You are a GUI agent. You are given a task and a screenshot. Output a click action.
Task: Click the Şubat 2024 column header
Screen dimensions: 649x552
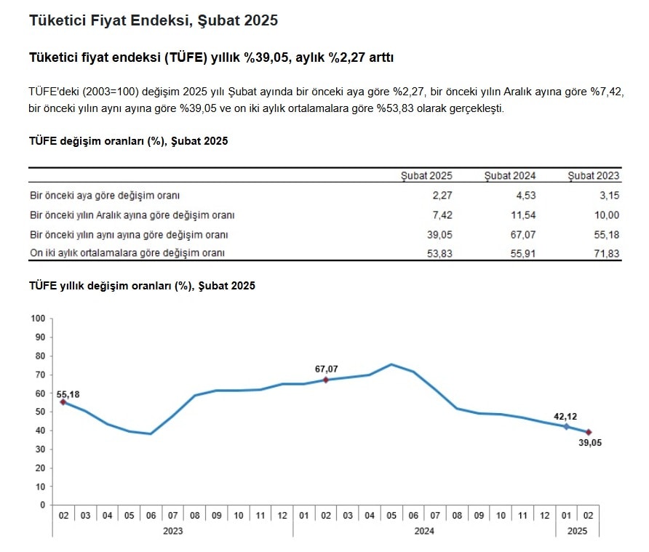pyautogui.click(x=510, y=176)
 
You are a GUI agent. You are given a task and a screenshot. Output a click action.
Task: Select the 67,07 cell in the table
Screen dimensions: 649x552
pyautogui.click(x=522, y=235)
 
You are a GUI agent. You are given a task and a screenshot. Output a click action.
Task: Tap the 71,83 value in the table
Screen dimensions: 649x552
pyautogui.click(x=606, y=254)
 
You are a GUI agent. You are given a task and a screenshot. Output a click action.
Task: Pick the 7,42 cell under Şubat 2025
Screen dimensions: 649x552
pyautogui.click(x=442, y=215)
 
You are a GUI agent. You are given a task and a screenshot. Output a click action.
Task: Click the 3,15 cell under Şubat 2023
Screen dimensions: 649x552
pyautogui.click(x=609, y=196)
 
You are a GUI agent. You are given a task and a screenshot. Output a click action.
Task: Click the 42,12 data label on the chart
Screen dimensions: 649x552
pyautogui.click(x=565, y=417)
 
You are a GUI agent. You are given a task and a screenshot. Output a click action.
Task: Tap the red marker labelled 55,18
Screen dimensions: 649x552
pyautogui.click(x=63, y=402)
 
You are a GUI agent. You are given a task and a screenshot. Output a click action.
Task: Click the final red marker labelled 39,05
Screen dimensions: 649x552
pyautogui.click(x=589, y=433)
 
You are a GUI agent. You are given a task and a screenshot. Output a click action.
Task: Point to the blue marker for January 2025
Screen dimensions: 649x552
pyautogui.click(x=567, y=427)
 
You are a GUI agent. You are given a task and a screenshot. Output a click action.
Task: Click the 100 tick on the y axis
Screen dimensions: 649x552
pyautogui.click(x=38, y=319)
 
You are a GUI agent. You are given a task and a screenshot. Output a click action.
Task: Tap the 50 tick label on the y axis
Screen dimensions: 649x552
pyautogui.click(x=40, y=412)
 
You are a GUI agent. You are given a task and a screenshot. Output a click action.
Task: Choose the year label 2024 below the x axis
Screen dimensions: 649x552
pyautogui.click(x=424, y=531)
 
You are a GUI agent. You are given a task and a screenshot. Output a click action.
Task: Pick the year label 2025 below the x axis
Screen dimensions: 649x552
pyautogui.click(x=577, y=531)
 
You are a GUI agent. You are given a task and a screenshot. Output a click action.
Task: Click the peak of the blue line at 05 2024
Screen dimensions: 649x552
pyautogui.click(x=391, y=364)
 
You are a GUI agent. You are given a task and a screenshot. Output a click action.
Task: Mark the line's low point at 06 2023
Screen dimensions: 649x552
pyautogui.click(x=151, y=433)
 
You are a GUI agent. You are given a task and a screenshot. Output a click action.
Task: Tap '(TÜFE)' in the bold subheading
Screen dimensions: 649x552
pyautogui.click(x=186, y=57)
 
